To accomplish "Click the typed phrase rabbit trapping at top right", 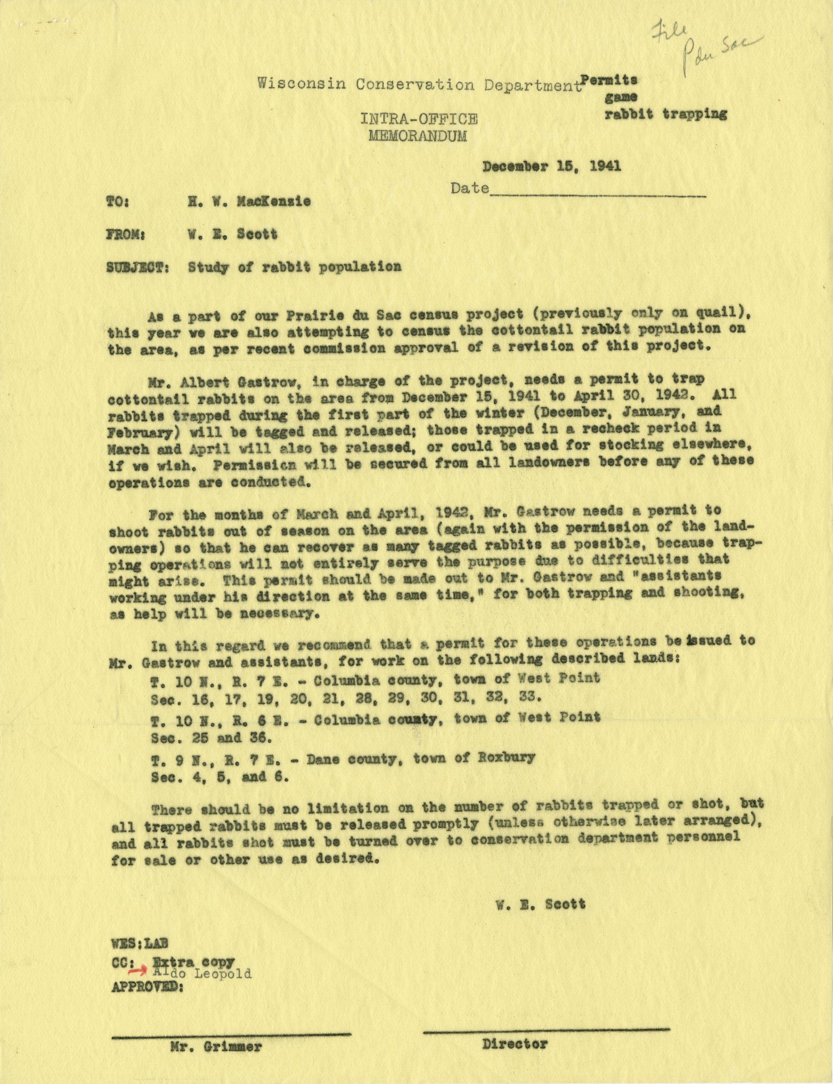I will coord(666,114).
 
